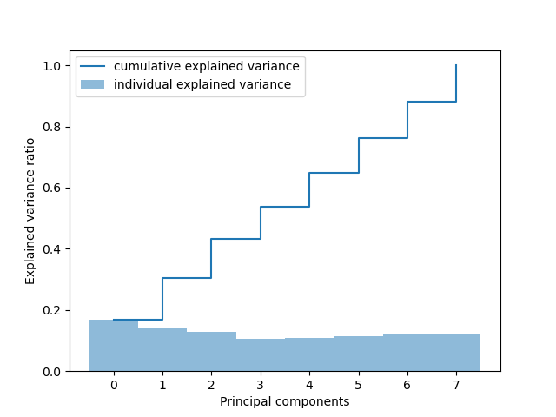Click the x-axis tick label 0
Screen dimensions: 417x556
pos(114,385)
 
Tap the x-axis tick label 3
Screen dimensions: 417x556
pos(261,385)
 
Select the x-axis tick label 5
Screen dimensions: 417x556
pos(359,385)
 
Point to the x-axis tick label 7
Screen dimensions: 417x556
pos(456,385)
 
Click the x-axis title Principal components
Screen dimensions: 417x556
pos(284,401)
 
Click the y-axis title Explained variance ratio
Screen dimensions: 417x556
pos(30,211)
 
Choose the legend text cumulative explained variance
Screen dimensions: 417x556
pos(206,67)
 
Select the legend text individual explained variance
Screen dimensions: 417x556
pos(202,85)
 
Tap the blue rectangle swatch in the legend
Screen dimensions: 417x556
pos(94,85)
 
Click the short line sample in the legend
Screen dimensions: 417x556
pos(94,67)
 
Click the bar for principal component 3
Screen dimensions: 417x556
pos(261,355)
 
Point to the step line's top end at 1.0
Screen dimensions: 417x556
pos(456,66)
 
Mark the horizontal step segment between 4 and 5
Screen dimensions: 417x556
pos(334,173)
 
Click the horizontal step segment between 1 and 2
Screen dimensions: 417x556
pos(187,278)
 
